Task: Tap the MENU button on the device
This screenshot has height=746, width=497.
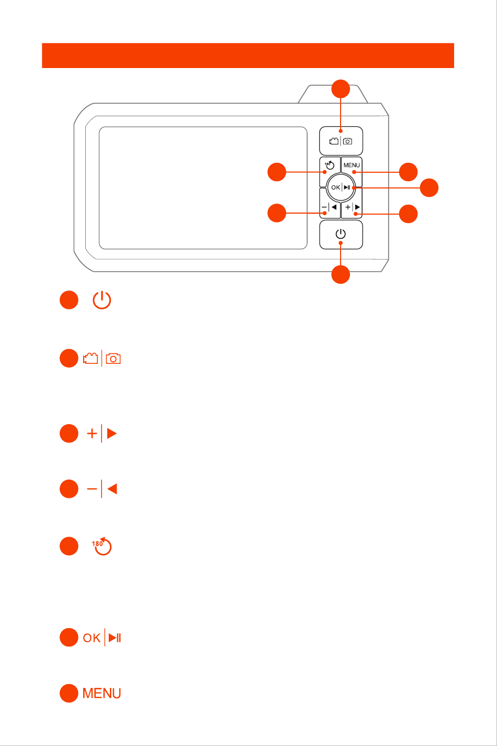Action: pyautogui.click(x=352, y=165)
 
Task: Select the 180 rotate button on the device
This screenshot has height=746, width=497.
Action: pyautogui.click(x=330, y=165)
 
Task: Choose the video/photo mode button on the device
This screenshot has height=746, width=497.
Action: pyautogui.click(x=341, y=141)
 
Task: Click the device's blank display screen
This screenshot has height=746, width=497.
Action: pyautogui.click(x=202, y=187)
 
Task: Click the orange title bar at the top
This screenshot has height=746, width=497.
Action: pyautogui.click(x=247, y=55)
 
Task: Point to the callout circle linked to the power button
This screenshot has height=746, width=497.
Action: pyautogui.click(x=341, y=275)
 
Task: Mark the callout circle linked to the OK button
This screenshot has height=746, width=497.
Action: pyautogui.click(x=430, y=187)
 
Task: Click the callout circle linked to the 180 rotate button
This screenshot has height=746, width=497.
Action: pyautogui.click(x=277, y=172)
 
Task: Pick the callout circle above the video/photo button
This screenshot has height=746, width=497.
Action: pyautogui.click(x=341, y=88)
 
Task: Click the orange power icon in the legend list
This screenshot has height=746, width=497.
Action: pyautogui.click(x=101, y=300)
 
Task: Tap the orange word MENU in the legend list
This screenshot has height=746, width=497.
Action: pyautogui.click(x=102, y=694)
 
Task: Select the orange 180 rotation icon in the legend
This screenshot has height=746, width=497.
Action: pyautogui.click(x=103, y=546)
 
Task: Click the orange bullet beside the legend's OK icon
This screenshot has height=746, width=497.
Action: pyautogui.click(x=69, y=638)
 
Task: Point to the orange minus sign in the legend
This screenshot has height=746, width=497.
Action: pyautogui.click(x=92, y=489)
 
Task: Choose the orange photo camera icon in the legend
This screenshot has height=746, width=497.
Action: pyautogui.click(x=113, y=359)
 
